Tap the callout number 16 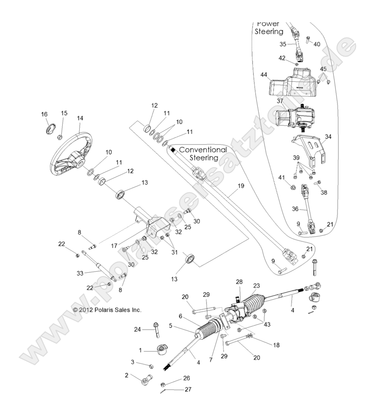(x=45, y=114)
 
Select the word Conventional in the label (x=203, y=150)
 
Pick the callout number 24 (x=137, y=329)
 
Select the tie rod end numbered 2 (x=145, y=379)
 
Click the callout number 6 (x=180, y=316)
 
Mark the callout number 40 (x=317, y=44)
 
